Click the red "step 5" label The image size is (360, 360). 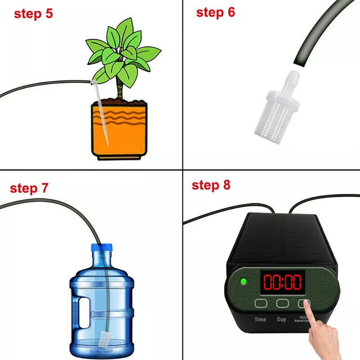[33, 13]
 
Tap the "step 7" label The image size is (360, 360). [29, 188]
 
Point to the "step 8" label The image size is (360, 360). [211, 185]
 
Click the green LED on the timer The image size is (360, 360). [243, 282]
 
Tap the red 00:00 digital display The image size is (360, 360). [282, 282]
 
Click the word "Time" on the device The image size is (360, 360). [260, 319]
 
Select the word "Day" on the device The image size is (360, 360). [282, 319]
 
